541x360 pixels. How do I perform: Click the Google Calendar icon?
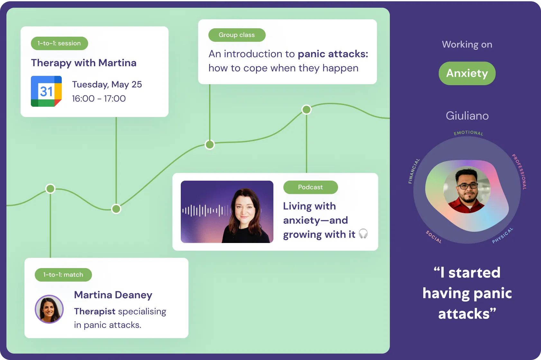tap(46, 91)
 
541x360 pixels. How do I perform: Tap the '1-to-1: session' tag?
tap(60, 43)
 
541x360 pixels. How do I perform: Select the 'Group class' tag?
tap(237, 35)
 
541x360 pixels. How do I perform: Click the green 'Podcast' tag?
tap(311, 187)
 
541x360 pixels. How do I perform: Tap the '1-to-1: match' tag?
tap(63, 274)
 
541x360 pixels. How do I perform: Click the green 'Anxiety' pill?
tap(467, 73)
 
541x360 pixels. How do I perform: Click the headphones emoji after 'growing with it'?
tap(363, 234)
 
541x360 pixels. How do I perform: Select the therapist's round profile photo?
tap(49, 309)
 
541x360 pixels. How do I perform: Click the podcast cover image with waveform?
tap(227, 212)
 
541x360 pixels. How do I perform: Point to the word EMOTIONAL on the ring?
tap(469, 133)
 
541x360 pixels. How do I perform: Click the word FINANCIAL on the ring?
tap(414, 171)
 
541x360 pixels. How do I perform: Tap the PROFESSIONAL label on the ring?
tap(519, 172)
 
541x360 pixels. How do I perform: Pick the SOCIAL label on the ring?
tap(434, 237)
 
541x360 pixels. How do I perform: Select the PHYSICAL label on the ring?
tap(503, 236)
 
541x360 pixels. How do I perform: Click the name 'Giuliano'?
tap(467, 116)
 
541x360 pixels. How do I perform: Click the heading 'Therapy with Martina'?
tap(84, 63)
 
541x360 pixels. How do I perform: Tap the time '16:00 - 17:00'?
tap(99, 98)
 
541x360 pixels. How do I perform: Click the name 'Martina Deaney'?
tap(113, 295)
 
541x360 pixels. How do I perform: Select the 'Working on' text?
tap(467, 45)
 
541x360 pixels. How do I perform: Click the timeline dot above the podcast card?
tap(307, 110)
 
